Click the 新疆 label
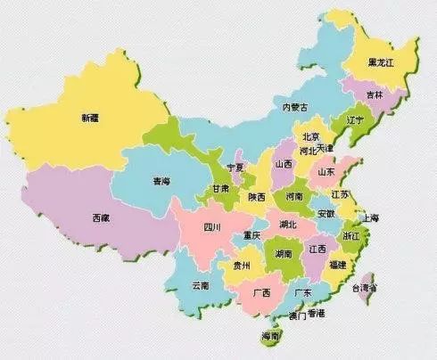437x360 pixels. tap(90, 118)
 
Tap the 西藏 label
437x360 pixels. tap(101, 217)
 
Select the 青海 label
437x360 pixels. tap(161, 181)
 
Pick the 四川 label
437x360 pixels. tap(211, 227)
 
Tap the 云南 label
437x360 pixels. tap(200, 285)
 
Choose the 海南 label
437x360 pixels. tap(270, 336)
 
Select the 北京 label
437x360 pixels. tap(310, 136)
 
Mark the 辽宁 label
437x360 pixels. tap(354, 119)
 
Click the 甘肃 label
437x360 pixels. tap(220, 189)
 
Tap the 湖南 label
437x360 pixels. tap(283, 254)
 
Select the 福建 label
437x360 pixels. tap(337, 265)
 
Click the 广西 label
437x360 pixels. tap(261, 292)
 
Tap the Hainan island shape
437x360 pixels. tap(270, 340)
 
